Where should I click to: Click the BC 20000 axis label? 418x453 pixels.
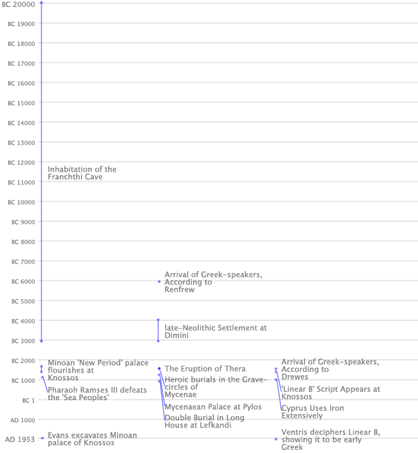coord(18,4)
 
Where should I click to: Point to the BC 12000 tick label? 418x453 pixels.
coord(21,162)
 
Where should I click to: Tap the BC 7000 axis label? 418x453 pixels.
coord(21,262)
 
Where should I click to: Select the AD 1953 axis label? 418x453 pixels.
coord(20,440)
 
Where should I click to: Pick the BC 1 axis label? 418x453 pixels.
coord(28,400)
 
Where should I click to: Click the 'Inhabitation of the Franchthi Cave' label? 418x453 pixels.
coord(82,173)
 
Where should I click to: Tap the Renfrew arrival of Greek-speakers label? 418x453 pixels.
coord(213,282)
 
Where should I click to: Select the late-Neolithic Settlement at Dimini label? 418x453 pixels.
coord(215,331)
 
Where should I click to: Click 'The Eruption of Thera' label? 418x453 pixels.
coord(205,369)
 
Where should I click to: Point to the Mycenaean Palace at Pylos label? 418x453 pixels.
coord(213,406)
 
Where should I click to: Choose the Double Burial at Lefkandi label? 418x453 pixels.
coord(204,421)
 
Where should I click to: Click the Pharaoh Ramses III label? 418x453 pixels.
coord(97,394)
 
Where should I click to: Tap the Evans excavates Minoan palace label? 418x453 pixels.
coord(92,439)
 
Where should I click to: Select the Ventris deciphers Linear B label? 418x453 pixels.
coord(330,440)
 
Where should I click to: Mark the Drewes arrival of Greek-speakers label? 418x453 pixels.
coord(329,369)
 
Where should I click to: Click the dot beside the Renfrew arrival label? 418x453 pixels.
coord(159,281)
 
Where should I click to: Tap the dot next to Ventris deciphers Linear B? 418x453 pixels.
coord(276,439)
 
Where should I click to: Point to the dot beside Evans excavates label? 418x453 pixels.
coord(42,438)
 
